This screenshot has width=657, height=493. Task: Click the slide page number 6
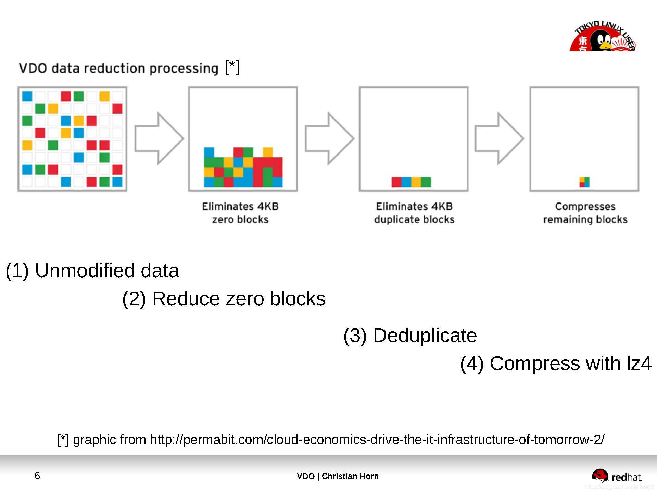(x=37, y=476)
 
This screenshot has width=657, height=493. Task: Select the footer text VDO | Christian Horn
(x=338, y=476)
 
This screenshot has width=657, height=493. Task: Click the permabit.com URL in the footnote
(x=377, y=440)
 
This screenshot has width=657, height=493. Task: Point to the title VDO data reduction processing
(x=118, y=68)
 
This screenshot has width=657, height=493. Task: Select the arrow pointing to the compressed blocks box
(x=499, y=138)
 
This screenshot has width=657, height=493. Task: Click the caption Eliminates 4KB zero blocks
(x=240, y=213)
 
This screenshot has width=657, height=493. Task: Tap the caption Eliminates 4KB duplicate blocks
(x=414, y=213)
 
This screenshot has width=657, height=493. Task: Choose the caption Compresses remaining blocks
(x=585, y=213)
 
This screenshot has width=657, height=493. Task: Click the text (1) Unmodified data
(x=92, y=271)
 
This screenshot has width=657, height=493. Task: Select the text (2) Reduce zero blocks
(x=224, y=298)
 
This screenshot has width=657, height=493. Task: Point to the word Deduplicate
(x=425, y=335)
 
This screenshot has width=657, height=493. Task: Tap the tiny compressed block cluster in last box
(x=584, y=182)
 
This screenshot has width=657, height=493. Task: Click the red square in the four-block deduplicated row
(x=396, y=182)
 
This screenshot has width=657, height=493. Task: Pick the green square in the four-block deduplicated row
(x=426, y=182)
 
